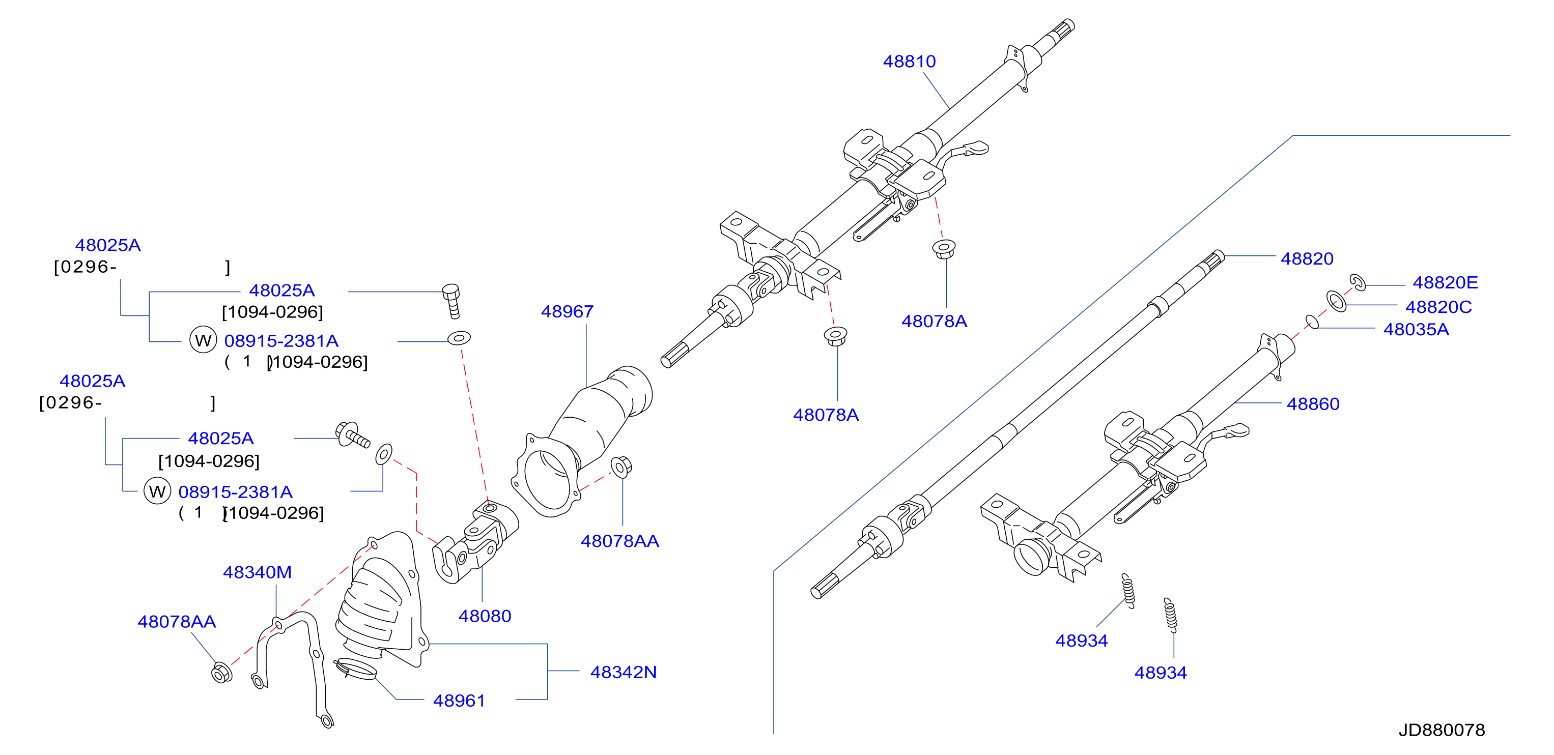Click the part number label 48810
click(x=909, y=62)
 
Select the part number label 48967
click(x=567, y=312)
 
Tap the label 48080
click(x=485, y=616)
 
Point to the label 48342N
click(x=623, y=673)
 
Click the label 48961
click(x=459, y=701)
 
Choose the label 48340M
click(x=257, y=572)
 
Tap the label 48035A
click(x=1416, y=330)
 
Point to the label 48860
click(x=1313, y=404)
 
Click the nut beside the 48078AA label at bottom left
click(x=221, y=673)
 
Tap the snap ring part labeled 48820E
click(x=1358, y=282)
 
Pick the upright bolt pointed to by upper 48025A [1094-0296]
click(x=452, y=301)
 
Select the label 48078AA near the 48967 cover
click(x=619, y=541)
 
